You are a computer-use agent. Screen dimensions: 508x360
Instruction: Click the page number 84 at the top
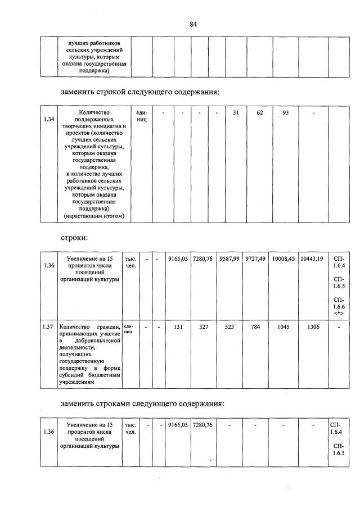click(193, 24)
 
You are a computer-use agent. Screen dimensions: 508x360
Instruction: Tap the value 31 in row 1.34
click(236, 113)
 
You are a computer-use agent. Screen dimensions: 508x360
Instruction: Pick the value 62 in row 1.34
click(260, 113)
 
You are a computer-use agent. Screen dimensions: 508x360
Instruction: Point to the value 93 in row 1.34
click(285, 113)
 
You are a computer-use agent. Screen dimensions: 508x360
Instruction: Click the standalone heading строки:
click(75, 238)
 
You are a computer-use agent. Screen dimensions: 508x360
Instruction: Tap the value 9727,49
click(256, 258)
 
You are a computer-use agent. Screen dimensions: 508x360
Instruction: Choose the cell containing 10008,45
click(283, 258)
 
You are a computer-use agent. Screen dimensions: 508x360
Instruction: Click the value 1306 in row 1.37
click(312, 326)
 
